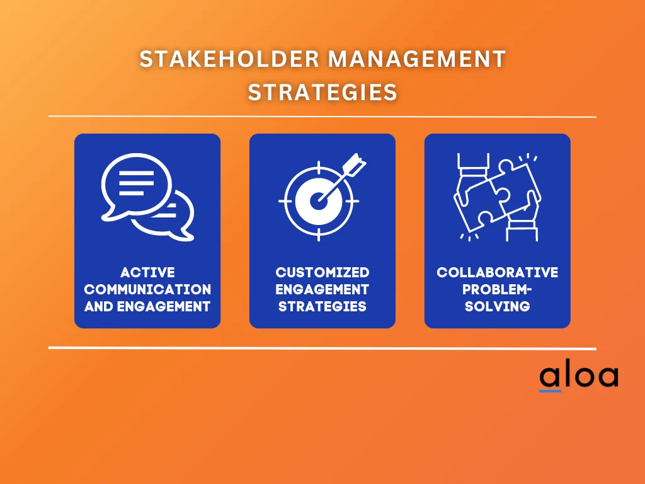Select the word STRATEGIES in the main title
point(322,92)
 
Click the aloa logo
point(578,376)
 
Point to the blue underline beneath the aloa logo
point(549,391)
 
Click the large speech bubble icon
point(135,182)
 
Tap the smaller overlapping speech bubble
point(176,216)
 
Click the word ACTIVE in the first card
point(147,273)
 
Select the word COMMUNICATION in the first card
point(147,290)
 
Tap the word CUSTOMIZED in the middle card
point(322,273)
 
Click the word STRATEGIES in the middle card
point(322,307)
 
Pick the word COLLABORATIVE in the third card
point(498,273)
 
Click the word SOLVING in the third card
point(498,307)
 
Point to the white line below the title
point(322,117)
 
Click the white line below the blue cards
point(322,348)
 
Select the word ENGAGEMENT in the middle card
point(322,290)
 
